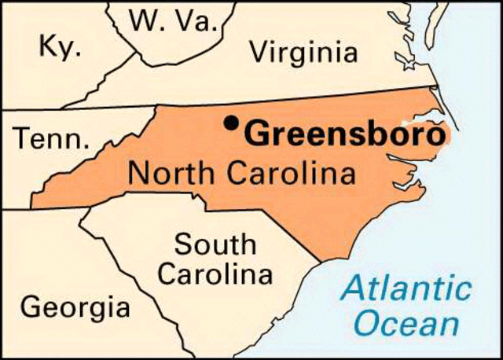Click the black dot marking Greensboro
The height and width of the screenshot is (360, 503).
pyautogui.click(x=230, y=123)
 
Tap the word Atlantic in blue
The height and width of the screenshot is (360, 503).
pyautogui.click(x=406, y=289)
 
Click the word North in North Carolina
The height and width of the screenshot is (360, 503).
pyautogui.click(x=167, y=172)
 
